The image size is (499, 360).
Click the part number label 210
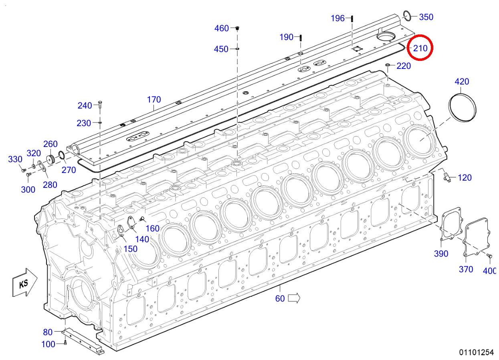(420, 48)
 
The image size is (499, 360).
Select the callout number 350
(426, 17)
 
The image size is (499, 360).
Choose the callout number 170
(154, 100)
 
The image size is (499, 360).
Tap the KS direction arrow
(25, 283)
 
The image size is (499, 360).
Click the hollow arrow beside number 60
(294, 298)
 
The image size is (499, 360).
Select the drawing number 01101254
(476, 352)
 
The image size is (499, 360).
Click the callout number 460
(222, 28)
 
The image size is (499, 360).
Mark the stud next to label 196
(352, 18)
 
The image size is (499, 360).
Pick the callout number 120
(465, 178)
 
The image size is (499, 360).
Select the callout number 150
(131, 249)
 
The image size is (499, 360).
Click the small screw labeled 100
(65, 342)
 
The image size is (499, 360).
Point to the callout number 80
(48, 332)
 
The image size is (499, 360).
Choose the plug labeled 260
(51, 158)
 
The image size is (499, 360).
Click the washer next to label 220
(388, 65)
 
